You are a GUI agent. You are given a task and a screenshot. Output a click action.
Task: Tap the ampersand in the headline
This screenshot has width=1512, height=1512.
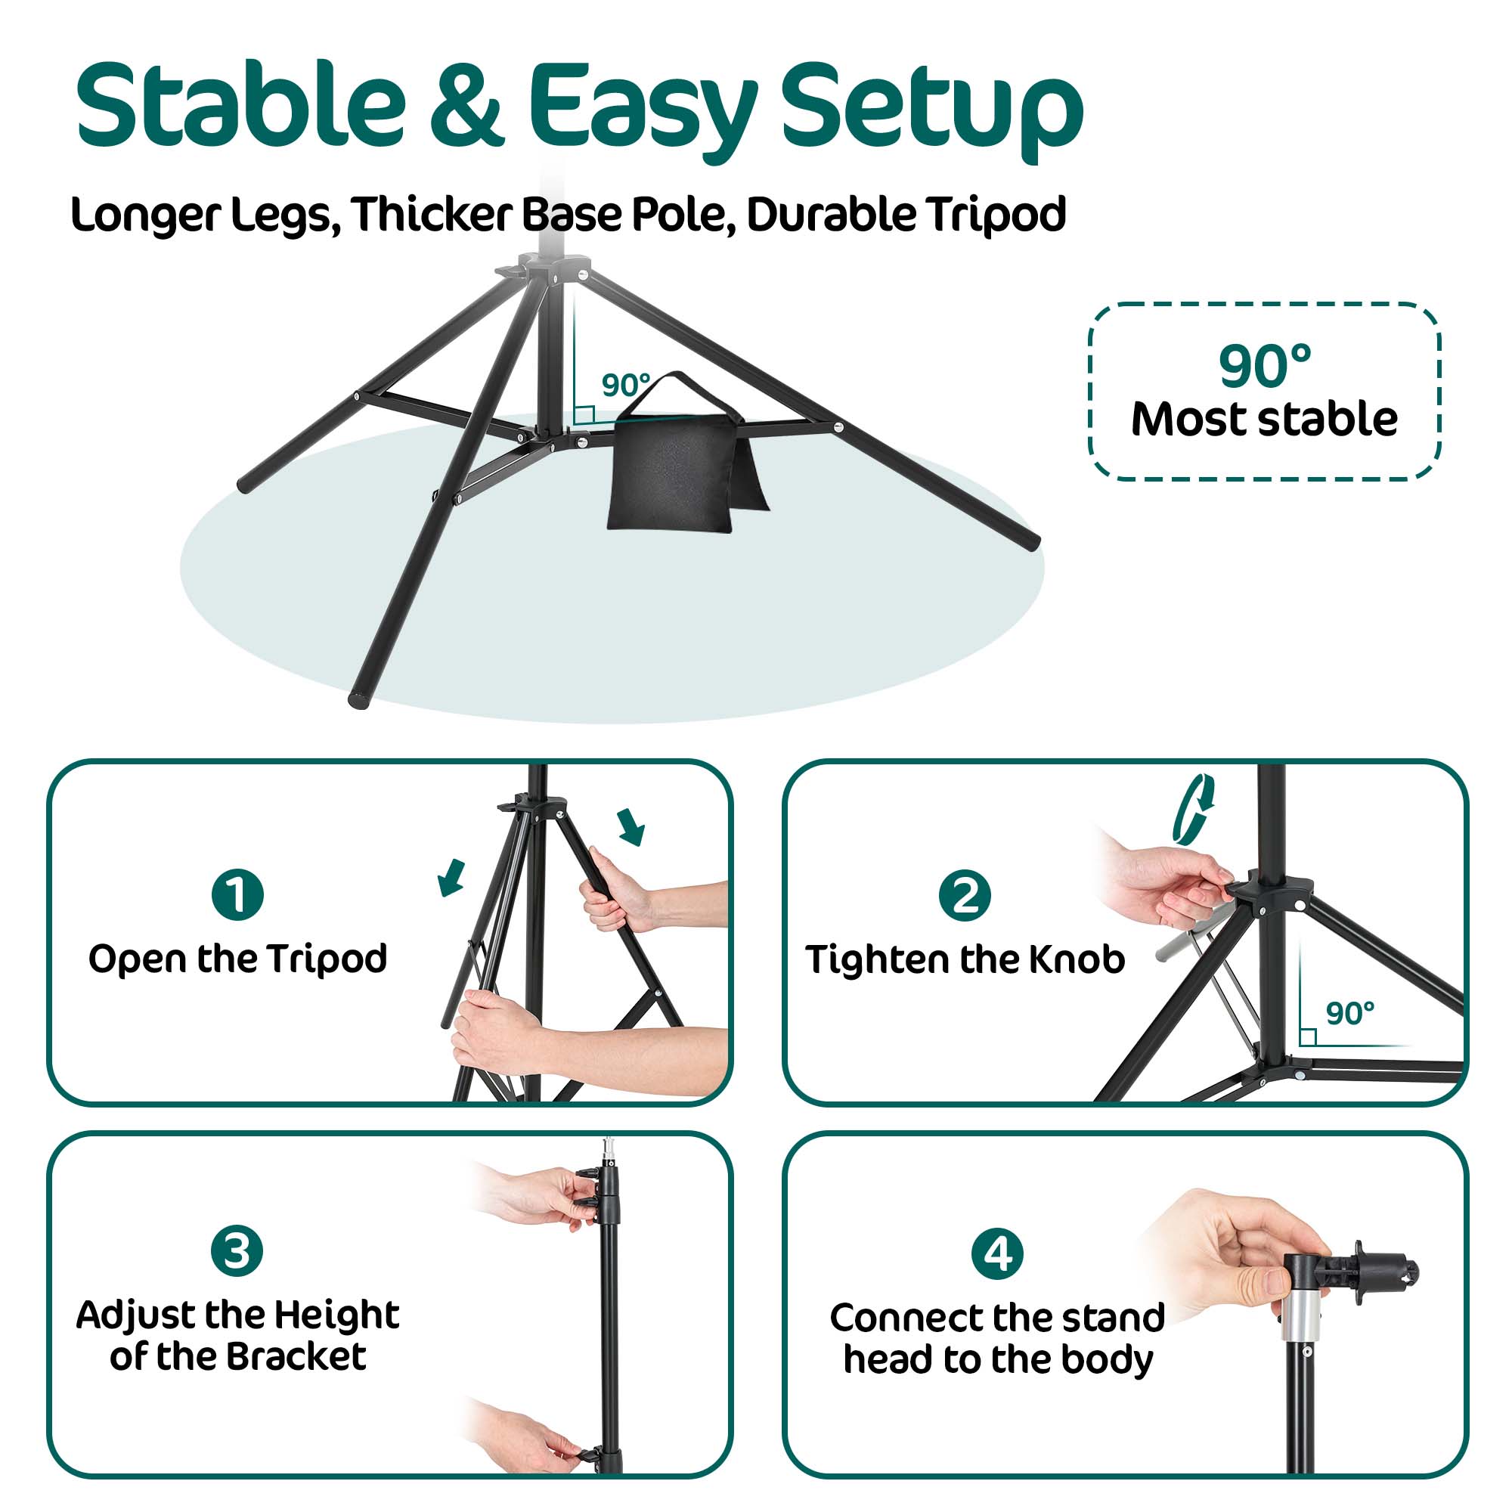(x=466, y=106)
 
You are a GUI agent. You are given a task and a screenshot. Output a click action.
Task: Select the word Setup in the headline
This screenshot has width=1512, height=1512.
(x=931, y=110)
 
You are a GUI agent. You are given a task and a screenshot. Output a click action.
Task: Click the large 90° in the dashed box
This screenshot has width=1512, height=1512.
(x=1264, y=366)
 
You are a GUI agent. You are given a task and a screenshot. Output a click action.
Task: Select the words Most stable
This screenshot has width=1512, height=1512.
(x=1264, y=420)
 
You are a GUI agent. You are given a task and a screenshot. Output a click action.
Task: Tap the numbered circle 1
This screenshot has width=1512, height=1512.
(x=237, y=894)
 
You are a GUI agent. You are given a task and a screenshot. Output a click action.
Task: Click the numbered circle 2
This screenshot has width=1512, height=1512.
(x=964, y=895)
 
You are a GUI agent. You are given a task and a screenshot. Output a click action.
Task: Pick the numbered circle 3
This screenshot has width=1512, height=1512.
(x=237, y=1250)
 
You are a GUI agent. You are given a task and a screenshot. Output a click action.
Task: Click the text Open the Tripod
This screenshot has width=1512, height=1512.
(x=237, y=959)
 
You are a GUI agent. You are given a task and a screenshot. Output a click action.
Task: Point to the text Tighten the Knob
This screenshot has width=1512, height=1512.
(x=965, y=960)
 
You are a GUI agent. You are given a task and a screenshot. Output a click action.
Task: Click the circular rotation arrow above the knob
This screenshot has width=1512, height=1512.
(x=1194, y=809)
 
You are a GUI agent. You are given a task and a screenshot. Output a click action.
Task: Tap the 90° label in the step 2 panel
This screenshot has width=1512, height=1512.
(x=1350, y=1015)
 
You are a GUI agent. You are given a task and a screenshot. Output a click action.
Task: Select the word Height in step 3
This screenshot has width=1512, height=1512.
(x=337, y=1315)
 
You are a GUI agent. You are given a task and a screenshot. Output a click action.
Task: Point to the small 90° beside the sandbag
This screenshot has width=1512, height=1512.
(x=625, y=385)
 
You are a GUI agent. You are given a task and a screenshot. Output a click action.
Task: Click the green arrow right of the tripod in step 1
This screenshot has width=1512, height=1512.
(x=631, y=828)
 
